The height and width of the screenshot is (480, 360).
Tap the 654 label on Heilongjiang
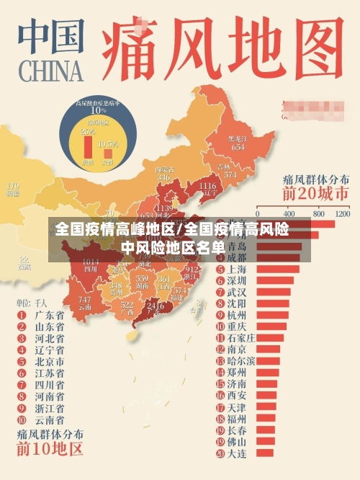click(238, 146)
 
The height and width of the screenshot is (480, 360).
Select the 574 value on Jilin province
click(230, 174)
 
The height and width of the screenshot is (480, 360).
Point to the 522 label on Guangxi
click(127, 305)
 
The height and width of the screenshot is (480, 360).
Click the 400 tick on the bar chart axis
click(289, 214)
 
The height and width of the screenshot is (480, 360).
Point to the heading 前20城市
click(315, 193)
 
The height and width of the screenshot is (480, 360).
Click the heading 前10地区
click(50, 449)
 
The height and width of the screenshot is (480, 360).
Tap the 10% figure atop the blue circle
click(97, 110)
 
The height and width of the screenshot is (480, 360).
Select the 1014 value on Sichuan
click(91, 262)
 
